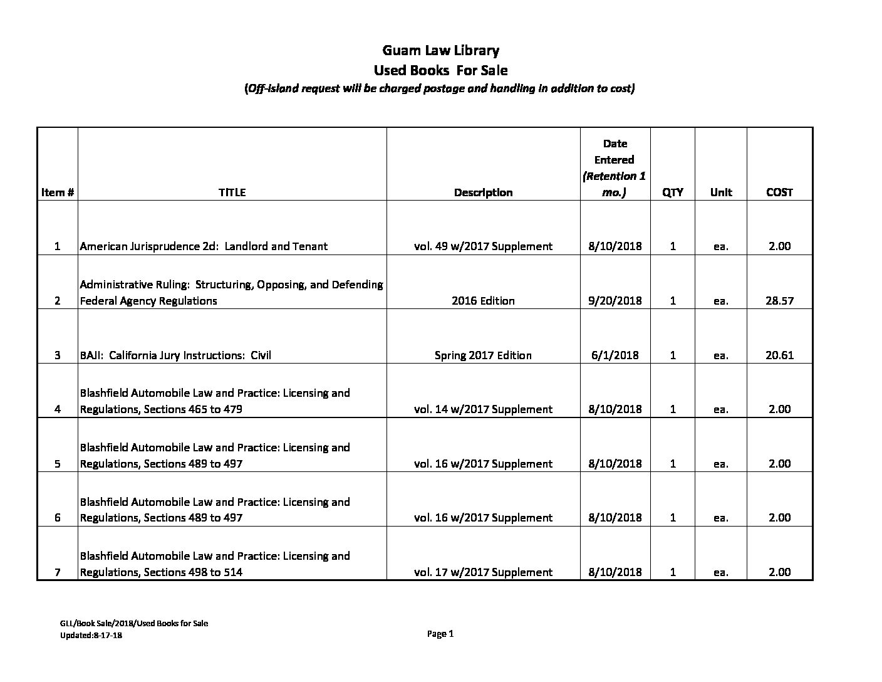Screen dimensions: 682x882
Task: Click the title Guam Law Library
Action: coord(440,50)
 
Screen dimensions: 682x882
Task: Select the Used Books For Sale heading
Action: coord(440,70)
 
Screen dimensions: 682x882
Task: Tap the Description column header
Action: coord(483,192)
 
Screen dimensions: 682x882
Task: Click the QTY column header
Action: coord(672,192)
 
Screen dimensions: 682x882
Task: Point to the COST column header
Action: coord(779,192)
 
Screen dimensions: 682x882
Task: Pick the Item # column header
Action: coord(58,192)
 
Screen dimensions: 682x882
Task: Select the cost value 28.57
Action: coord(779,301)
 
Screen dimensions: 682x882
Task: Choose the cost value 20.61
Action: coord(779,355)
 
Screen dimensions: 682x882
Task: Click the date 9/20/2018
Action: coord(615,301)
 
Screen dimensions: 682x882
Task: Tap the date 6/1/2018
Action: coord(615,355)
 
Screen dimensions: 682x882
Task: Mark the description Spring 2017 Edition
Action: coord(483,355)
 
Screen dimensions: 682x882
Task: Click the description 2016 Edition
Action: coord(483,301)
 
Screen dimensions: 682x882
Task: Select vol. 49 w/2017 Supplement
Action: coord(483,246)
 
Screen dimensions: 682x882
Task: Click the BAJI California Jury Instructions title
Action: coord(175,355)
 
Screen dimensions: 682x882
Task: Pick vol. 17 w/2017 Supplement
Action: coord(483,572)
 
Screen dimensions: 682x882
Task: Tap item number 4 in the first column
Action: coord(58,409)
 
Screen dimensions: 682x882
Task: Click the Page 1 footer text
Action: coord(440,634)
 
